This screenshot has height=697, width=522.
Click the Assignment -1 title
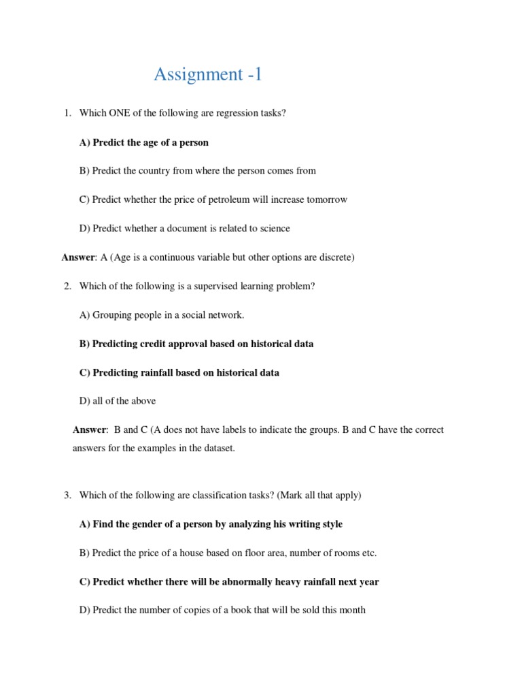207,75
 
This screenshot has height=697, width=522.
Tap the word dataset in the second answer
219,449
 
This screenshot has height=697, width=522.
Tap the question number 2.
68,287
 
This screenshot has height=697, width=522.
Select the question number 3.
68,496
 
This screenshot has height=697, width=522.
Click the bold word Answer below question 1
78,257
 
